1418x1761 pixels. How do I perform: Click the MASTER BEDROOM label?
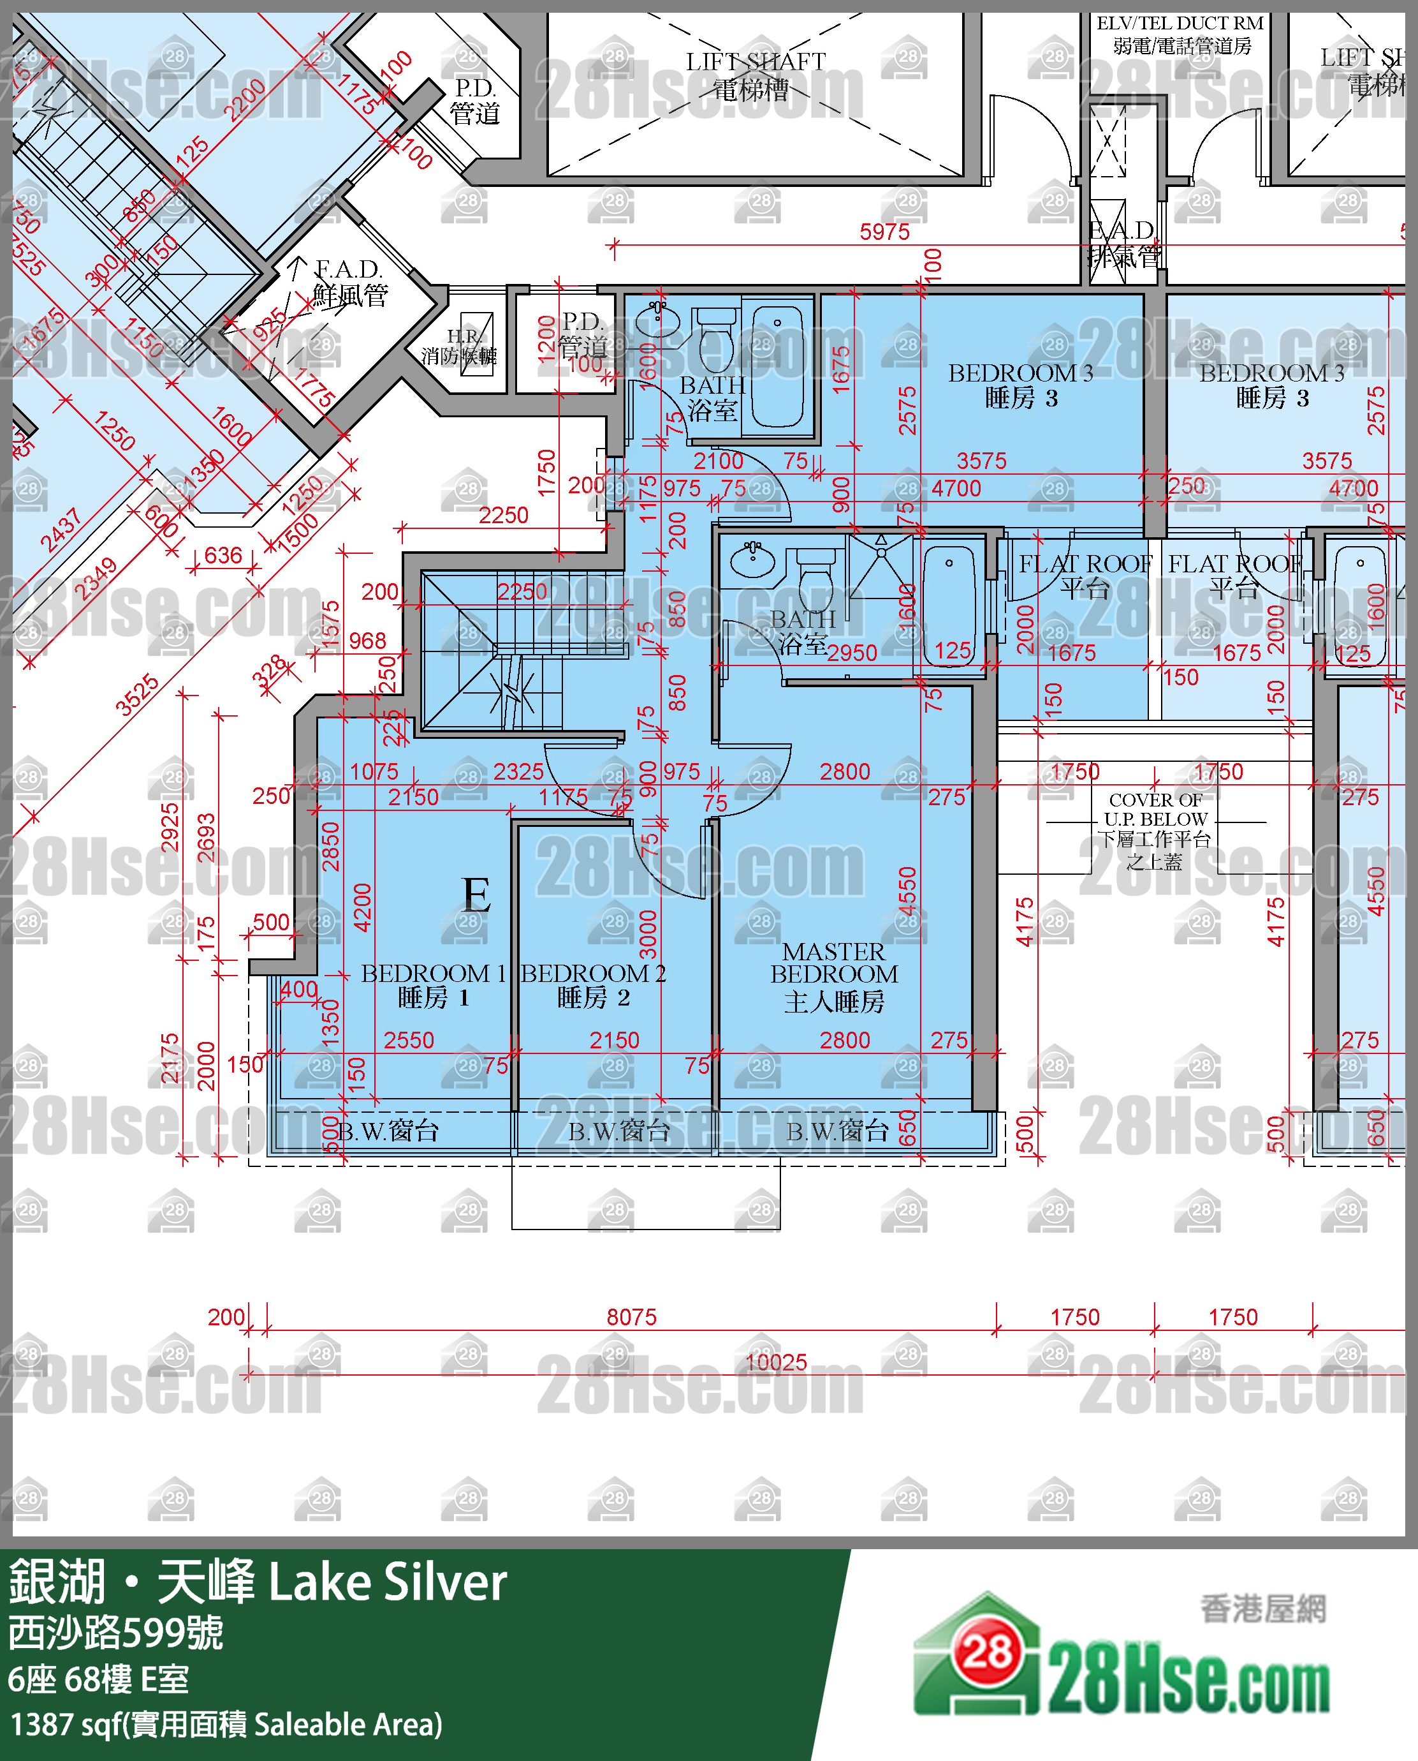point(833,976)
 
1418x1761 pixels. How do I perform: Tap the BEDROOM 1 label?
point(433,985)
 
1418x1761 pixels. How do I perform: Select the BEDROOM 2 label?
point(593,985)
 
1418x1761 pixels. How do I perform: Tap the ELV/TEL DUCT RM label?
point(1180,34)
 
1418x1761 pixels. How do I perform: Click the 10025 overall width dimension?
point(776,1362)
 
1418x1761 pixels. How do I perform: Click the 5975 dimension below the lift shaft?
point(884,232)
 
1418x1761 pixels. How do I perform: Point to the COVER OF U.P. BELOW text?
point(1154,830)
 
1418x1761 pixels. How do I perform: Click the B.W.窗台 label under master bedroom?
point(837,1131)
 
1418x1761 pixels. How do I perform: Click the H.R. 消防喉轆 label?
point(459,347)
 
